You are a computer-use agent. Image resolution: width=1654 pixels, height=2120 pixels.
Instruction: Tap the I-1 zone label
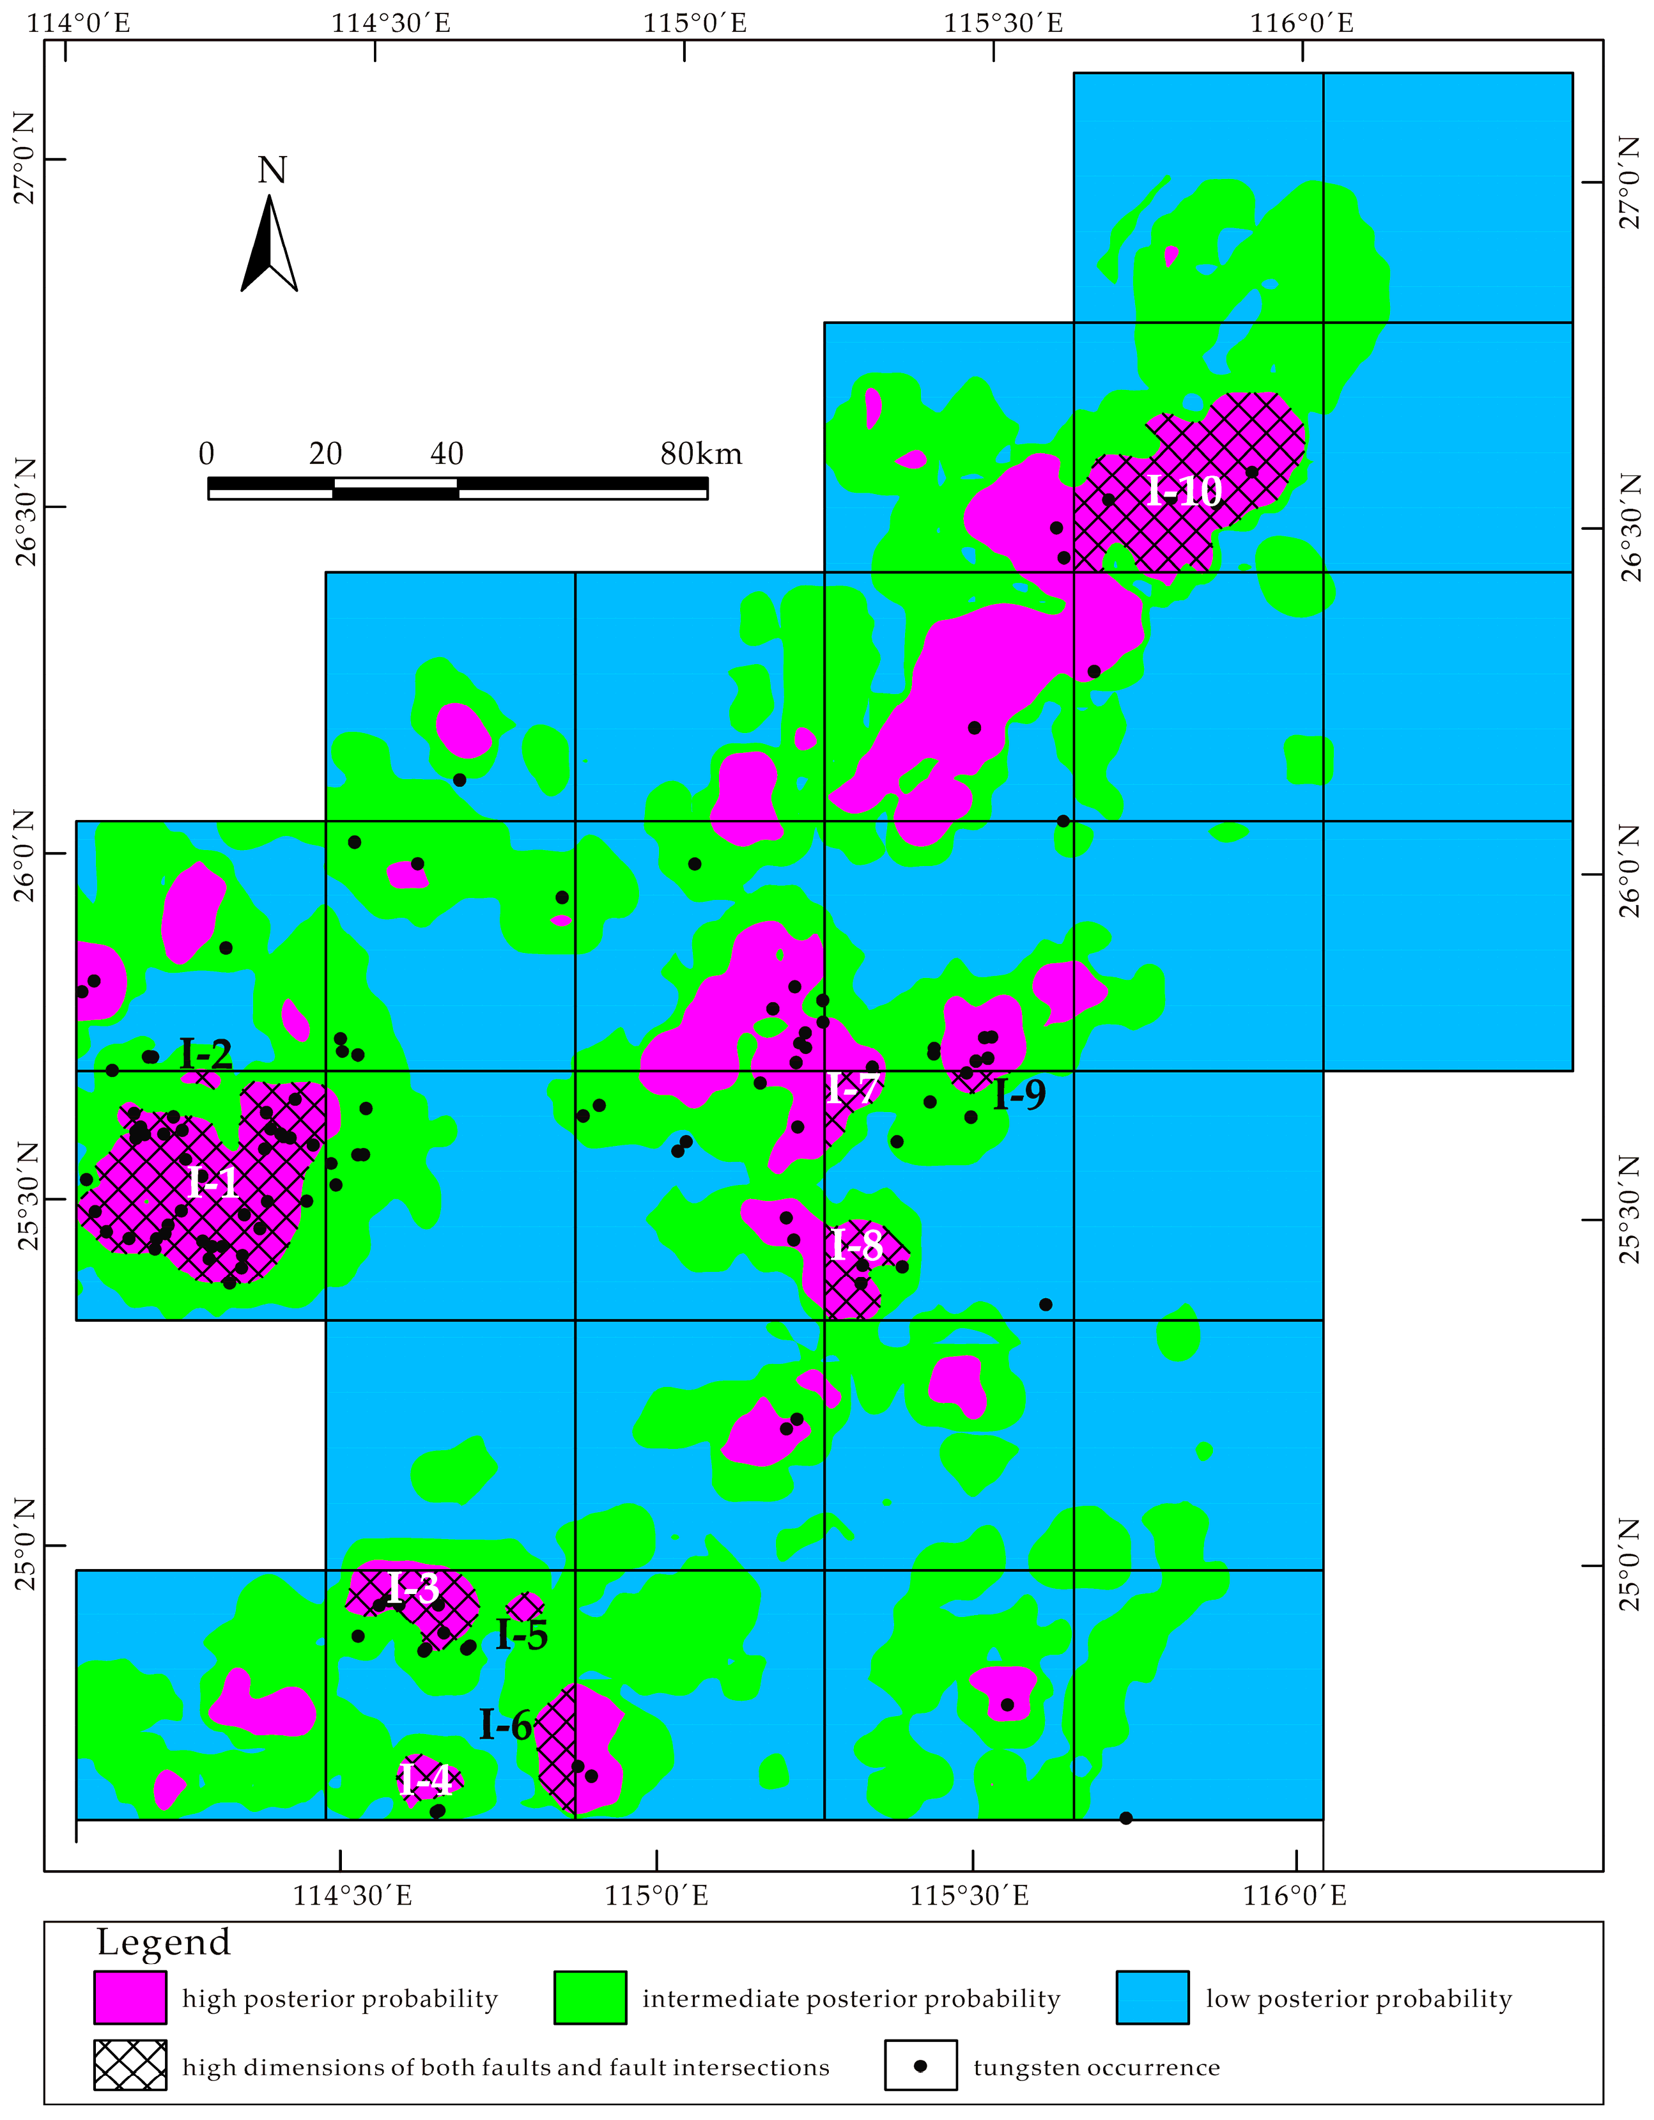click(x=213, y=1183)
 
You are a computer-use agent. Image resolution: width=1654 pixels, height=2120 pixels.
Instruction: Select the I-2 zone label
click(x=206, y=1054)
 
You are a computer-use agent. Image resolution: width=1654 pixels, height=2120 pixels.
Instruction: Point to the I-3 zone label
click(x=414, y=1588)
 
